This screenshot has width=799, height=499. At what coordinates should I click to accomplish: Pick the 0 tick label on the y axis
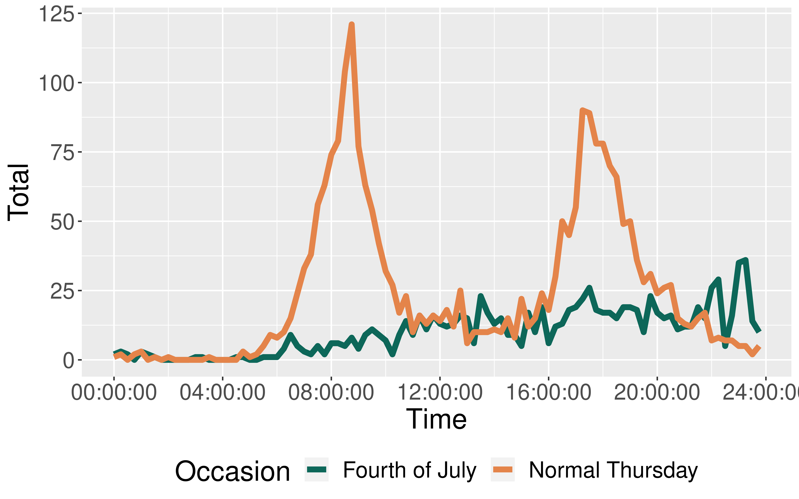68,361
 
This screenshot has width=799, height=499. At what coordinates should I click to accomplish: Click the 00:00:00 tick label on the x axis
114,393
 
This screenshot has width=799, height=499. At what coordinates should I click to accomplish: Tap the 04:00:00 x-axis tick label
223,393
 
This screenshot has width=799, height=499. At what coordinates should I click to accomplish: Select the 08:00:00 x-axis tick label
331,393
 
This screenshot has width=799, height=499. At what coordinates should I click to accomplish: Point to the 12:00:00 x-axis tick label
440,393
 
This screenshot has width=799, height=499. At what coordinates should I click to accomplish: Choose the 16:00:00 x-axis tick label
548,393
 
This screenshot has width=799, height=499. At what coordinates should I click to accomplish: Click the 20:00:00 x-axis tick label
657,393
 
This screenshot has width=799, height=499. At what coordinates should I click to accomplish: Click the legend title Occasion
232,471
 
